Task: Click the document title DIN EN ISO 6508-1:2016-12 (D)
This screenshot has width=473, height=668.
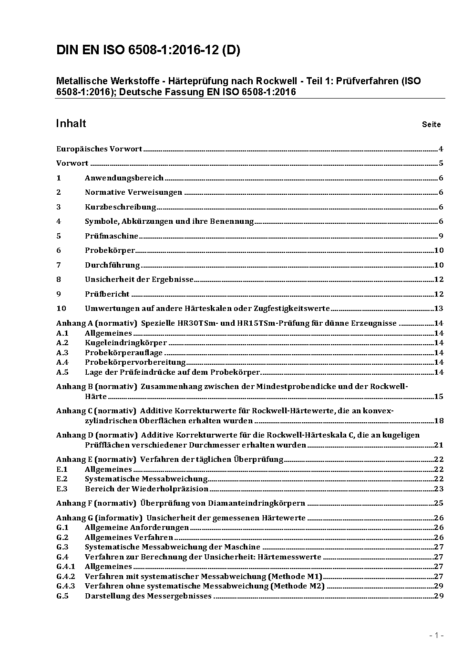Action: (148, 50)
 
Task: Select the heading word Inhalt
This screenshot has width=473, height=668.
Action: (71, 124)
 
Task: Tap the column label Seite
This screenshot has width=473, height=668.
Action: (431, 125)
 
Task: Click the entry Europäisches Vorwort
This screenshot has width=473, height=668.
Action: (99, 149)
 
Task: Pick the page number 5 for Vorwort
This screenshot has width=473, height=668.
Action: (441, 163)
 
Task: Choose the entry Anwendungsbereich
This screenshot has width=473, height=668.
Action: (124, 178)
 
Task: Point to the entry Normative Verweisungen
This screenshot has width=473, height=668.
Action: (134, 192)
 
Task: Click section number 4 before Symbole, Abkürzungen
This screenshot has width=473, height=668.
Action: (59, 221)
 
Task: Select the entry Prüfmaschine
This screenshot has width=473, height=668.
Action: (112, 236)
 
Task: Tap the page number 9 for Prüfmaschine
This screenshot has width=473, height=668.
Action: (441, 236)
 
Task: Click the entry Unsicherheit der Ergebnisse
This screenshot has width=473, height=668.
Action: (139, 279)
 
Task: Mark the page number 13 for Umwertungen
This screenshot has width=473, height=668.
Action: (439, 309)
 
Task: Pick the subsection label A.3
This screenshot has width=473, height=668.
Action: (62, 353)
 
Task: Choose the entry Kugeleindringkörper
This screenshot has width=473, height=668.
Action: (126, 343)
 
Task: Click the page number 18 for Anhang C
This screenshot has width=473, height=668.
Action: (439, 421)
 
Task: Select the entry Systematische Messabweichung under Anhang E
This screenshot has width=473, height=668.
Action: (146, 479)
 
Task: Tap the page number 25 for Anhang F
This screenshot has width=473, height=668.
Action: (439, 503)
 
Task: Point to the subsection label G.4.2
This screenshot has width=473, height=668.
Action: (66, 577)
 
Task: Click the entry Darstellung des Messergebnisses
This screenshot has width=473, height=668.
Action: (148, 596)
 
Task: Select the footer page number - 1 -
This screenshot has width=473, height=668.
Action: (436, 636)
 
